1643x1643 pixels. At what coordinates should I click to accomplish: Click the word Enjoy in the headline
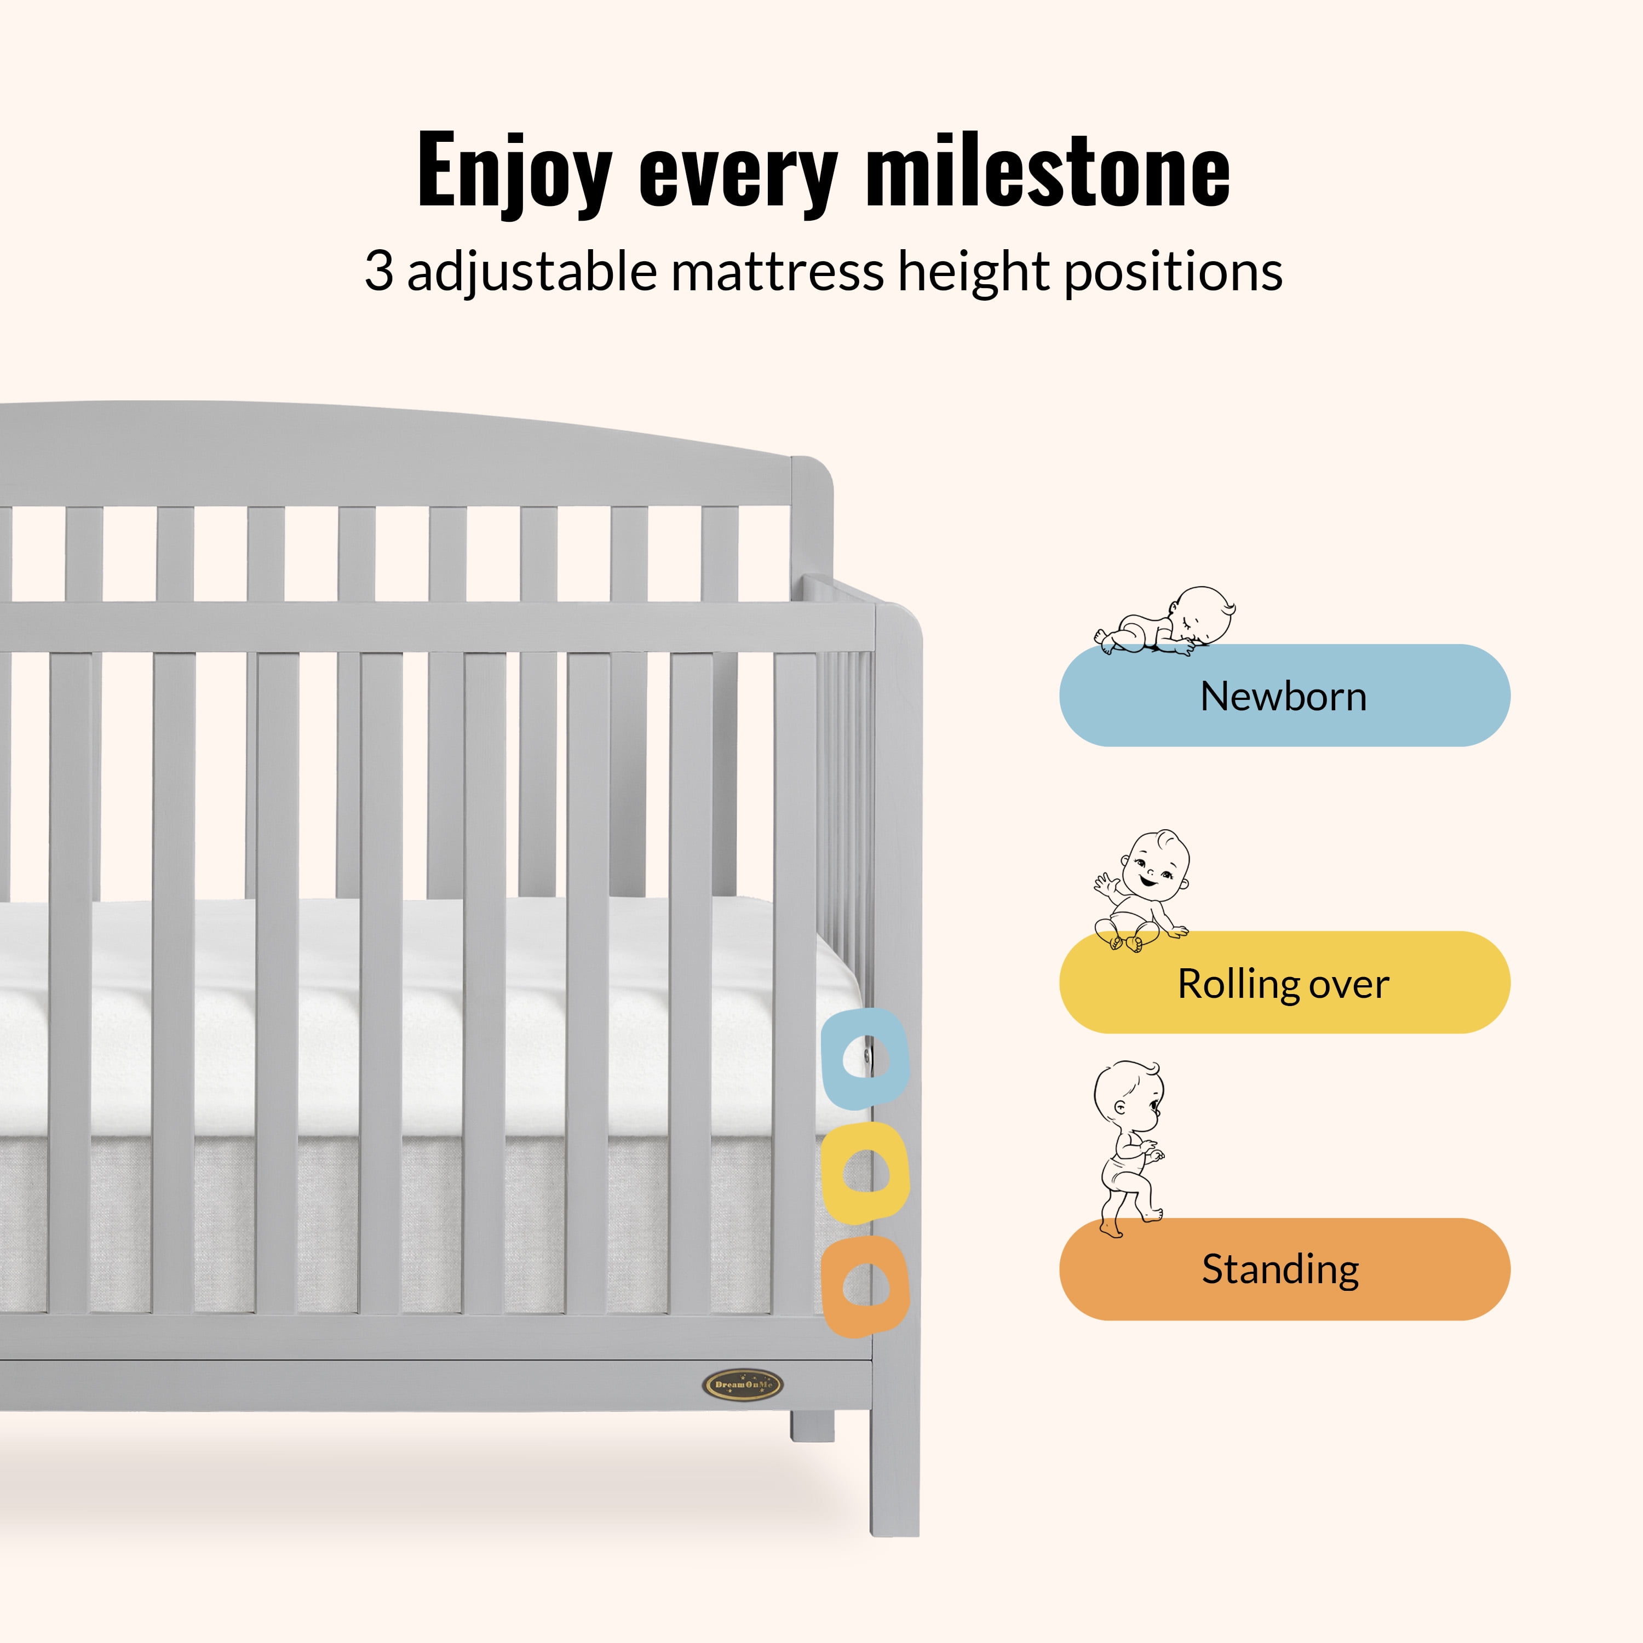click(514, 173)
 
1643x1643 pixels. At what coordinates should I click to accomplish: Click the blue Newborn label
click(1284, 695)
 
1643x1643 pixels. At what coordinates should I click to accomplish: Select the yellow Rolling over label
click(1284, 982)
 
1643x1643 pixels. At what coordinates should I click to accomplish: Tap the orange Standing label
click(1284, 1269)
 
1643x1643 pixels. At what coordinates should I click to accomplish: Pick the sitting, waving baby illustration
click(1142, 891)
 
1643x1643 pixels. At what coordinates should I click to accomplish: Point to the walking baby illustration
click(1129, 1148)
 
